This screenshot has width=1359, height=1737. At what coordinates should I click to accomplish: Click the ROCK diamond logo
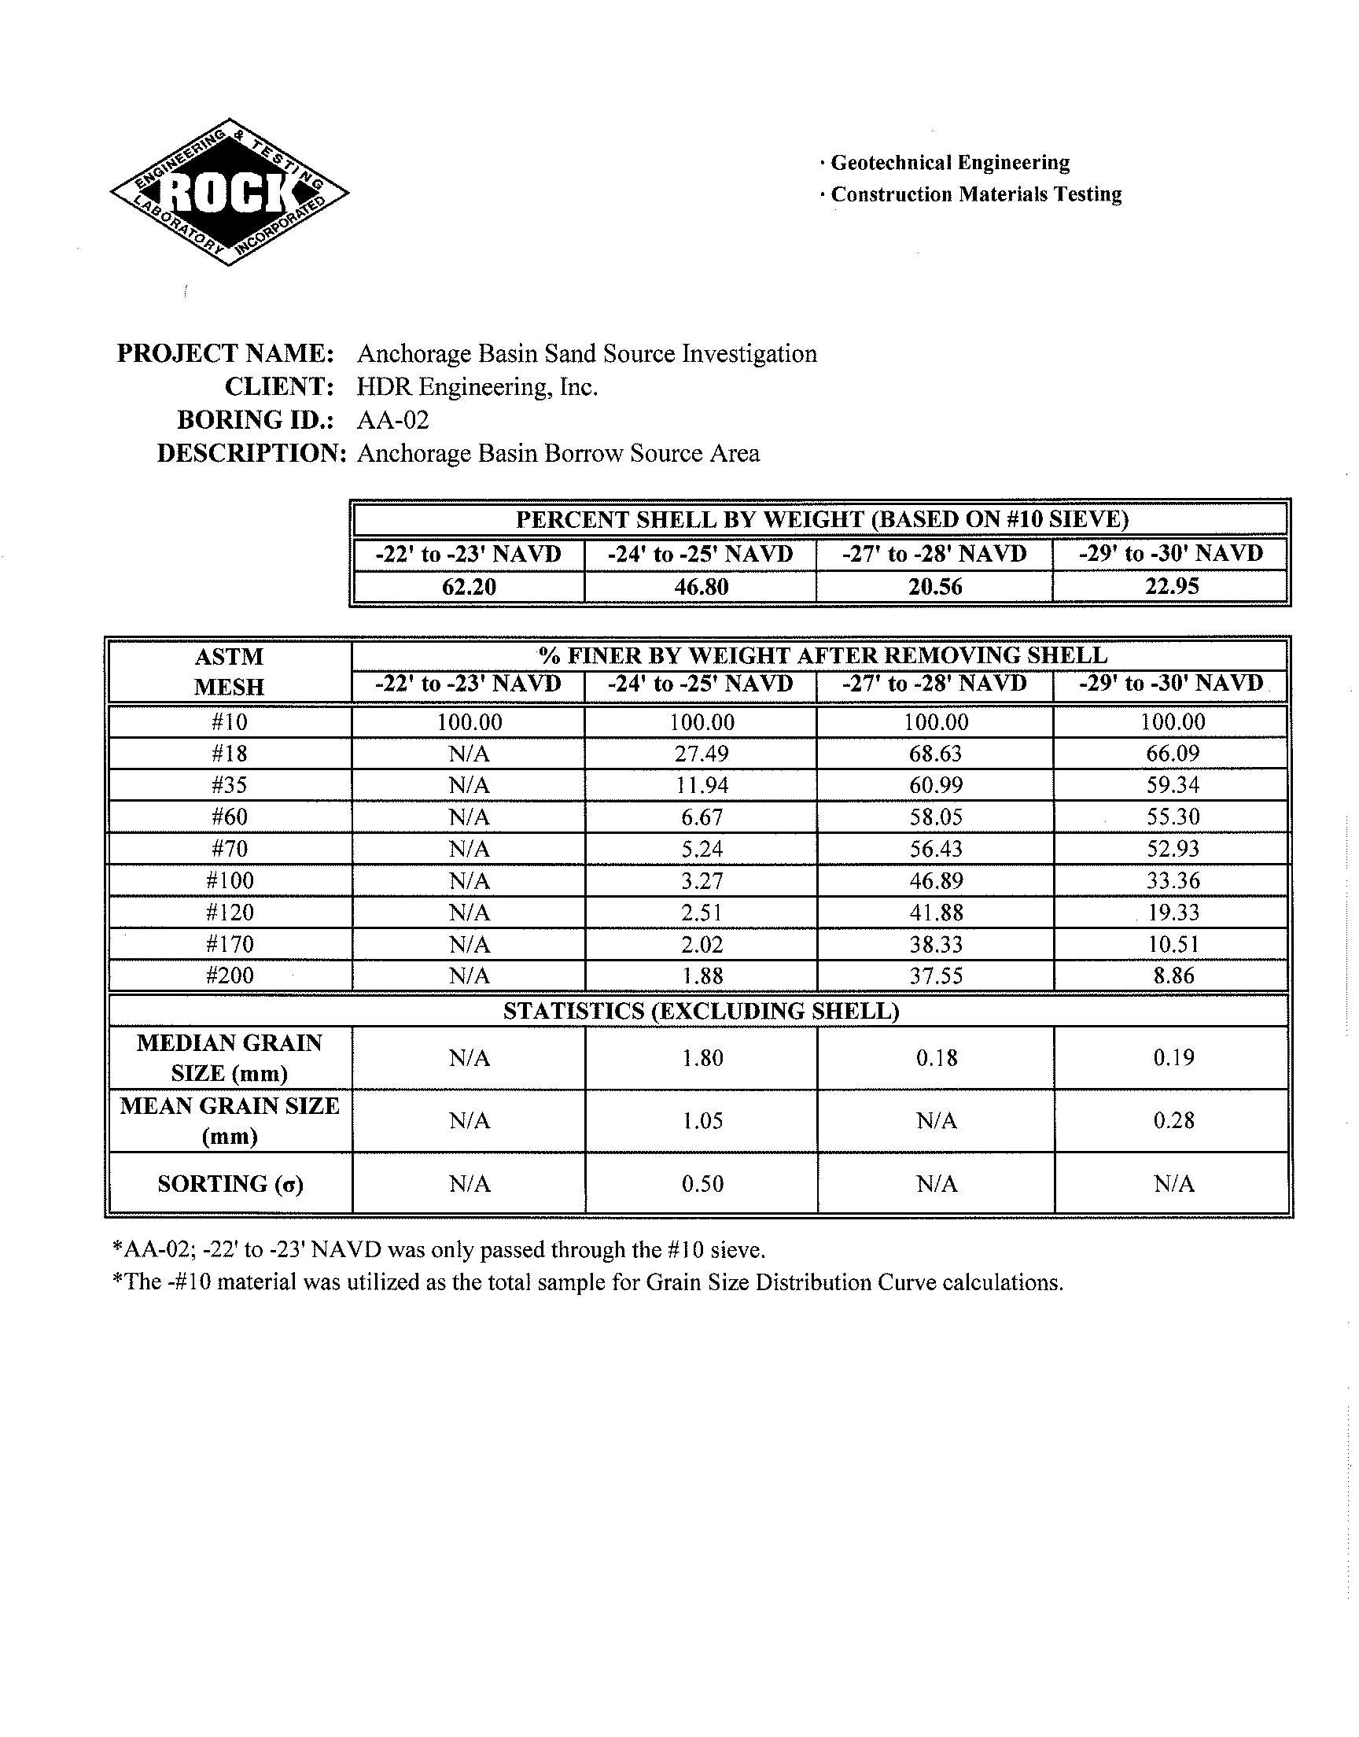click(x=229, y=193)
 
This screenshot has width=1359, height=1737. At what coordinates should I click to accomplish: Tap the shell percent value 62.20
click(x=469, y=587)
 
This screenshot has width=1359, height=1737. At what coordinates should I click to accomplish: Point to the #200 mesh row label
click(x=229, y=975)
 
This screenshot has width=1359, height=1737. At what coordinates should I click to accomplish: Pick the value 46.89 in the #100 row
click(x=936, y=881)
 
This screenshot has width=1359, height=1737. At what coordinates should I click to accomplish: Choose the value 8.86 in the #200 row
click(x=1173, y=975)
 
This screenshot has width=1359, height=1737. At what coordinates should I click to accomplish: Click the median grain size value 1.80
click(x=702, y=1058)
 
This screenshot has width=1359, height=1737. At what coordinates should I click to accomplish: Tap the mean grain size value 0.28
click(x=1173, y=1120)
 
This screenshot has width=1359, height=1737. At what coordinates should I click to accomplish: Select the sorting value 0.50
click(x=702, y=1184)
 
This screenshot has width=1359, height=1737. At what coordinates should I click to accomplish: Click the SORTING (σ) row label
click(x=230, y=1184)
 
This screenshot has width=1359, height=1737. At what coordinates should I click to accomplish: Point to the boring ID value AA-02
click(x=393, y=420)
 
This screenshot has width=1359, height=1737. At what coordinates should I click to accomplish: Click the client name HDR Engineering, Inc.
click(x=477, y=388)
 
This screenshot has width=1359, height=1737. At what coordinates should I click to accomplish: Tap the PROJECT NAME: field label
click(x=225, y=353)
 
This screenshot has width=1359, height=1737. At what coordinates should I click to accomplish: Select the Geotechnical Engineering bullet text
click(x=950, y=163)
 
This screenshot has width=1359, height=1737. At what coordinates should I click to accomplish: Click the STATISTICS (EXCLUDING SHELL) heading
click(x=701, y=1011)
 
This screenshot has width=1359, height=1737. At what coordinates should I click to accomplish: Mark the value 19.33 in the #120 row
click(x=1173, y=913)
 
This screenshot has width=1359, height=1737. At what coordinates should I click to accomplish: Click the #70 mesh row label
click(x=229, y=849)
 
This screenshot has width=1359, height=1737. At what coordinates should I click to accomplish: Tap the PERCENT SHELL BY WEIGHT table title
click(x=822, y=519)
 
